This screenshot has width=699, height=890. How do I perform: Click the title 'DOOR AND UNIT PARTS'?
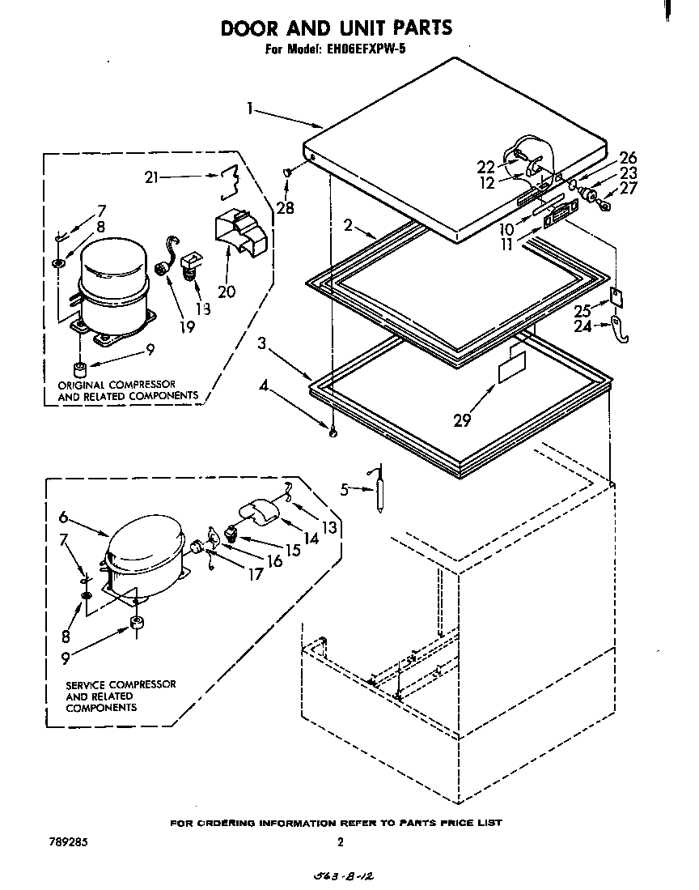(x=337, y=28)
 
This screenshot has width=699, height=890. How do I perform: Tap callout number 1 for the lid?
(x=251, y=107)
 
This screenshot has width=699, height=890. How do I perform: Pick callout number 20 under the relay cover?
(x=227, y=290)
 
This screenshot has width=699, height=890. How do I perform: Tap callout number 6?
(x=64, y=517)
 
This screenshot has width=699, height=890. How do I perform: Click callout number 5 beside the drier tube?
(x=345, y=488)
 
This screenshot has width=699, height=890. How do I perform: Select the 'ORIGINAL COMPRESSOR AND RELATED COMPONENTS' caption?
(x=128, y=390)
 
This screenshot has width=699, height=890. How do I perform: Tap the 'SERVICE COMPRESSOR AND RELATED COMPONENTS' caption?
(x=121, y=696)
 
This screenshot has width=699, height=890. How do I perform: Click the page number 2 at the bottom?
(x=341, y=842)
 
